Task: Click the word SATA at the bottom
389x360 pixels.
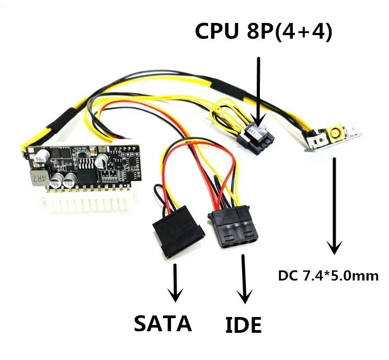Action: point(163,323)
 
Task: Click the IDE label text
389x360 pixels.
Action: point(243,324)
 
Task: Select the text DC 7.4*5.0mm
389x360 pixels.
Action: point(328,276)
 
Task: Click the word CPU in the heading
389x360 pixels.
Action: point(216,31)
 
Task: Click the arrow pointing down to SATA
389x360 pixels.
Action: point(175,283)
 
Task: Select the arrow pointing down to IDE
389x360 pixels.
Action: point(244,279)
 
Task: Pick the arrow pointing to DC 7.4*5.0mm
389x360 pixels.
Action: point(335,206)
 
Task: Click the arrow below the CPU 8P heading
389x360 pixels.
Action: point(258,92)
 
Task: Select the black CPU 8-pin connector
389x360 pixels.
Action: point(256,139)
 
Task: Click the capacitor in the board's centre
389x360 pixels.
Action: point(101,161)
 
